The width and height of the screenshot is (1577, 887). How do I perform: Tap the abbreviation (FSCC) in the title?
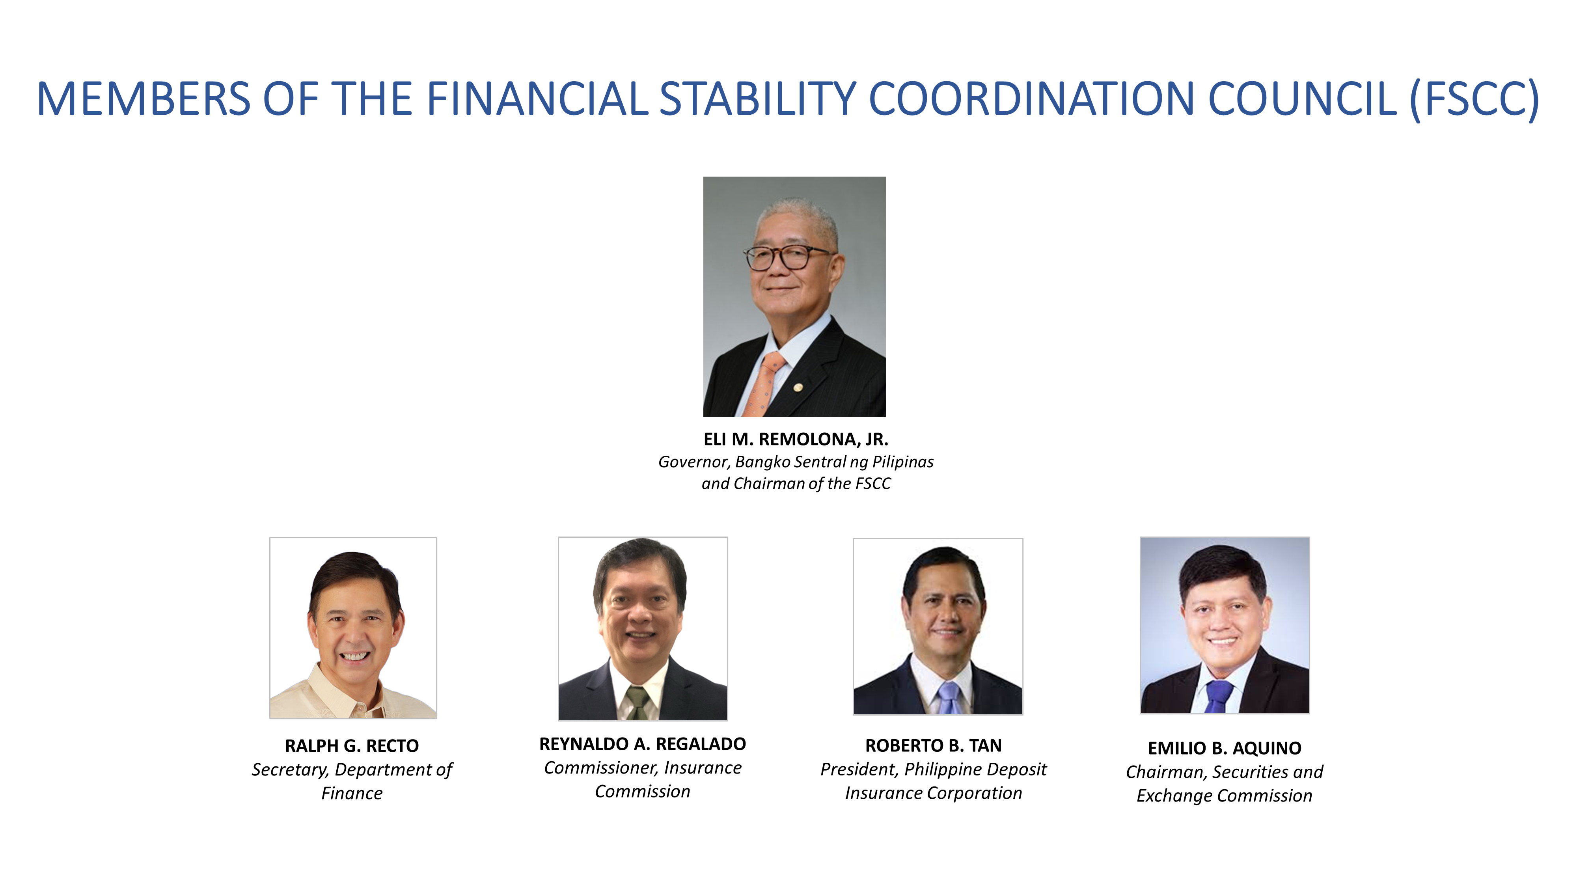click(x=1474, y=99)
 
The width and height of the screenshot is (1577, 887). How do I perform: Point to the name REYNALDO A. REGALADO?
click(x=643, y=744)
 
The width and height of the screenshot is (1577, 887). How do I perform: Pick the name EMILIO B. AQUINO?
click(x=1225, y=748)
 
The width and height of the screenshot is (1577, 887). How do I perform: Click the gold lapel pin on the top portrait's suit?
click(x=798, y=388)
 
